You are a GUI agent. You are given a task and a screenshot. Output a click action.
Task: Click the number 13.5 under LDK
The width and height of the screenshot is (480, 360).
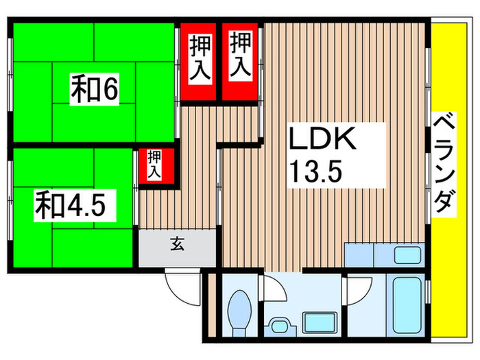[315, 171]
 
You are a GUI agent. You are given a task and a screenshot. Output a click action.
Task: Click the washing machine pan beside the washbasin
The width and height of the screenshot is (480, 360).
[320, 323]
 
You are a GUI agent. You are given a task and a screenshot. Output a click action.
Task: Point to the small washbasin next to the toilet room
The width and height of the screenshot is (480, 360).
[280, 326]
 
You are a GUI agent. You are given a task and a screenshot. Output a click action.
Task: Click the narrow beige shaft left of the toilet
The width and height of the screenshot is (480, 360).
[212, 306]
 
